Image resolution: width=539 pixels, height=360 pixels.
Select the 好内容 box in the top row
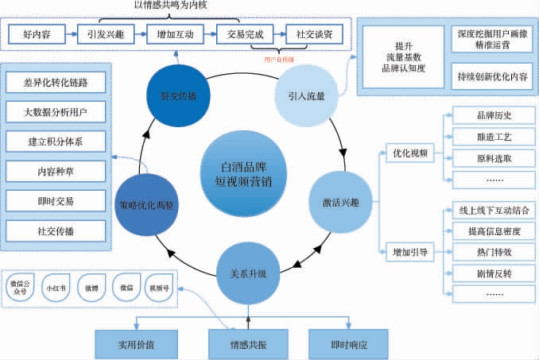point(38,35)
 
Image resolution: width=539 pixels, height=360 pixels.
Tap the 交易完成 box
point(240,35)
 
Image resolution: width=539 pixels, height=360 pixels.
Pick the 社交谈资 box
point(314,35)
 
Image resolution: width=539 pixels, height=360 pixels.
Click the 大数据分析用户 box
point(56,112)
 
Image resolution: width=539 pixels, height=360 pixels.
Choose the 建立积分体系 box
point(56,141)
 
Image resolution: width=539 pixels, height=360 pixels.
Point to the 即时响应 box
point(348,345)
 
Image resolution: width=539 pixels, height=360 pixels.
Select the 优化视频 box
point(411,152)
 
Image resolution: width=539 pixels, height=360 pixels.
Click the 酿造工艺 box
point(494,137)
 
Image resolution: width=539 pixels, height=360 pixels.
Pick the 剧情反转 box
point(494,273)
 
